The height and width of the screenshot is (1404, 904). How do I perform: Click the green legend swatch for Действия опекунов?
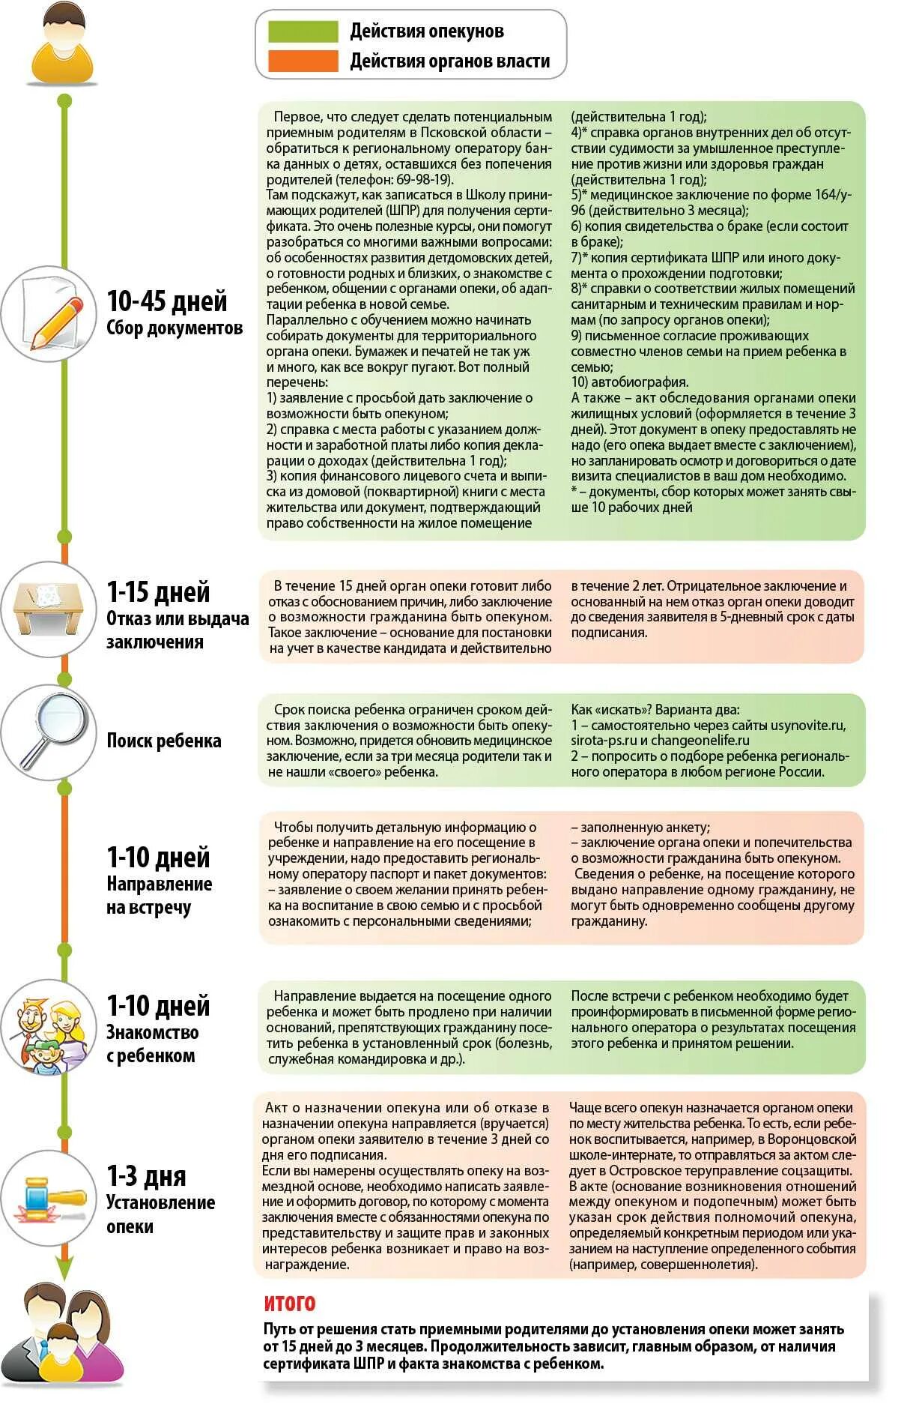click(x=303, y=31)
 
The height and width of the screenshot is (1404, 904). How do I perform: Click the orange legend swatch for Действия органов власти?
click(x=303, y=61)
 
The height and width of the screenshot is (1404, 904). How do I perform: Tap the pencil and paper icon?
click(x=49, y=313)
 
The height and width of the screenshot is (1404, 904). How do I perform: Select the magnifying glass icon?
click(x=49, y=732)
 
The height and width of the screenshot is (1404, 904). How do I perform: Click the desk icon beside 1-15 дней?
click(x=49, y=609)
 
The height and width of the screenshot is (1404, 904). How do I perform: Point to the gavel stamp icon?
click(x=49, y=1198)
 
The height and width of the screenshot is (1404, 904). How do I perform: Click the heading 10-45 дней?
click(x=166, y=301)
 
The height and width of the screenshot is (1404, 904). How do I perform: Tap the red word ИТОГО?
click(x=290, y=1304)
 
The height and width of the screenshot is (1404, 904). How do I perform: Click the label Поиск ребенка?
click(x=163, y=741)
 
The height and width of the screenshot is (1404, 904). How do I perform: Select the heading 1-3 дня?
click(x=146, y=1176)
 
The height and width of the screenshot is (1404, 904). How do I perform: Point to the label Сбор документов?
click(x=174, y=328)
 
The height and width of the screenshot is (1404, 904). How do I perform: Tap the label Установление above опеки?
click(x=160, y=1202)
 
